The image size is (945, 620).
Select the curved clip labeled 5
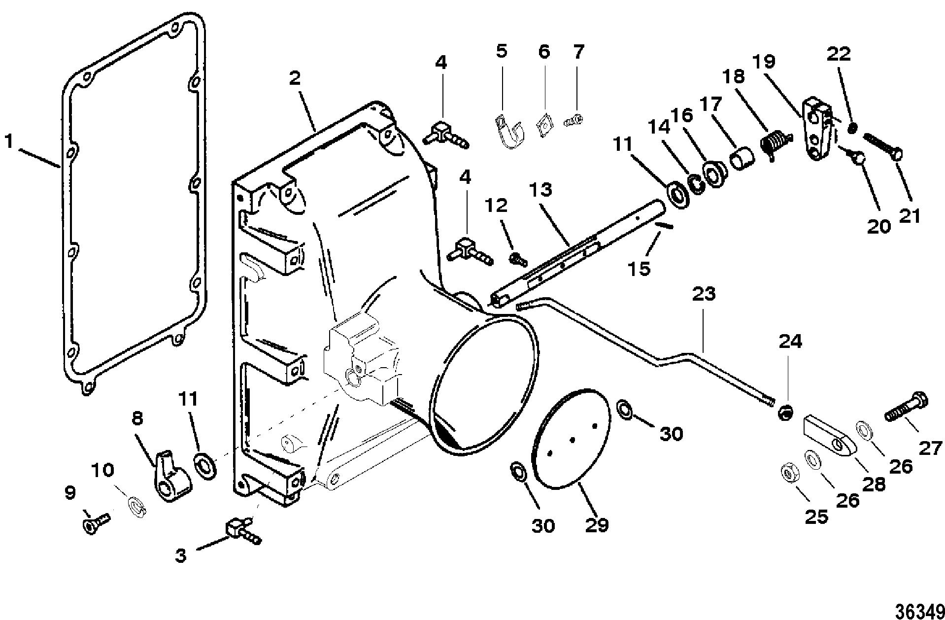coord(509,131)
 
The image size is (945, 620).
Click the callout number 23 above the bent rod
coord(704,294)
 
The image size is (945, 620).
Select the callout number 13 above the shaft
coord(541,190)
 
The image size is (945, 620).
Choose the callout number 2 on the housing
coord(295,78)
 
